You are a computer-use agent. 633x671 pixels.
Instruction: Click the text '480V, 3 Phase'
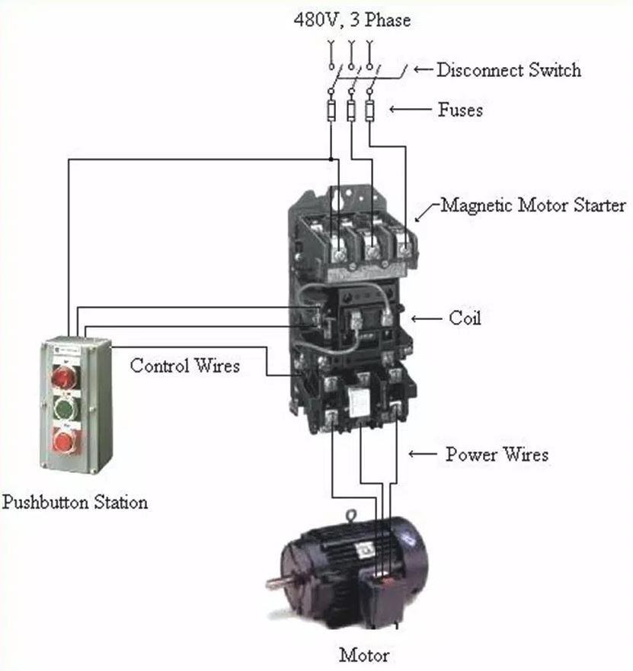coord(351,20)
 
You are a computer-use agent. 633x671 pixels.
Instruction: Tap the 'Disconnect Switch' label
coord(508,70)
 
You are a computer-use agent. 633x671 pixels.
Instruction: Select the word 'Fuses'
coord(460,110)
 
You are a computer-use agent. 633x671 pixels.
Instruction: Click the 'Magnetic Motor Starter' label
coord(533,205)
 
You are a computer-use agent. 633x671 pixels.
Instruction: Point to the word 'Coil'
coord(465,318)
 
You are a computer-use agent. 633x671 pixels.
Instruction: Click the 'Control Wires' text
coord(184,366)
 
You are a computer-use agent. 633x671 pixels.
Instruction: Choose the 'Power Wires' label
coord(497,455)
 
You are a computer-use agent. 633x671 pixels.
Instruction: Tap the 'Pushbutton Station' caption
coord(75,502)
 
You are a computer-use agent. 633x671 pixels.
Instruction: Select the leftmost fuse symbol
coord(331,112)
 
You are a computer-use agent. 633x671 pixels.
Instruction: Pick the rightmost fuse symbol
coord(369,112)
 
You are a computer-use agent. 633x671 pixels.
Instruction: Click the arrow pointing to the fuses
coord(409,110)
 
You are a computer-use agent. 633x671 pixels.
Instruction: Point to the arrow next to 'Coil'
coord(427,318)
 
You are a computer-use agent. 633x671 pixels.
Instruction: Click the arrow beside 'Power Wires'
coord(422,455)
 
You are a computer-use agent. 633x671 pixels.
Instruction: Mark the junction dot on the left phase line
coord(331,158)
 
